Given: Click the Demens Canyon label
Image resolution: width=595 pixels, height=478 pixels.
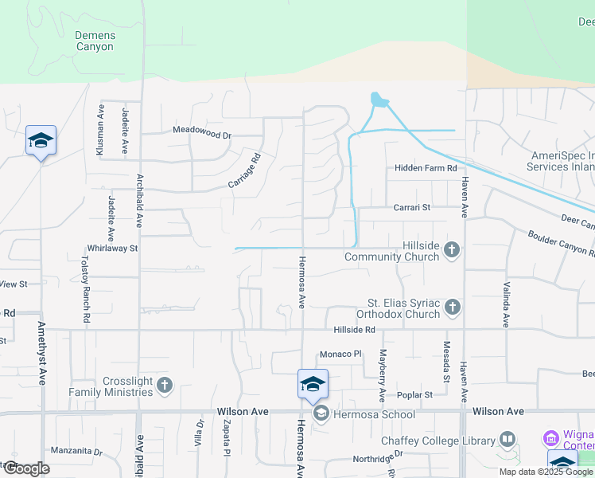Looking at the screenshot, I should click(95, 41).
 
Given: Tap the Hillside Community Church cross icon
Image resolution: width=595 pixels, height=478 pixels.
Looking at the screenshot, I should click(452, 250).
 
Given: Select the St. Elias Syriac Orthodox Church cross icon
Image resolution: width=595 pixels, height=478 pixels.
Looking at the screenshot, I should click(452, 307).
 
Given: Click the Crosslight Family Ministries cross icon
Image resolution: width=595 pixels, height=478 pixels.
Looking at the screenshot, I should click(165, 386).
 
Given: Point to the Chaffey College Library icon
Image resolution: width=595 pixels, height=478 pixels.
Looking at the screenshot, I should click(507, 441).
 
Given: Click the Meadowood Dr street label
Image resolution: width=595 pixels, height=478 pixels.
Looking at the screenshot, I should click(201, 135).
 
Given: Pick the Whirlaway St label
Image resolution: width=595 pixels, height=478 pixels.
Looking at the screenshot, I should click(112, 248).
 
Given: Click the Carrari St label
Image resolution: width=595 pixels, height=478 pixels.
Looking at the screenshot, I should click(411, 207).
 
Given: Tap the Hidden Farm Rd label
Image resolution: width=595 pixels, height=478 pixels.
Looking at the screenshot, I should click(426, 168).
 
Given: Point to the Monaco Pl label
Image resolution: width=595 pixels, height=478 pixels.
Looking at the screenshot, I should click(340, 354).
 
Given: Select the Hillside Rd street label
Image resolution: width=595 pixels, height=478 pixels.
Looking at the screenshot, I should click(354, 330).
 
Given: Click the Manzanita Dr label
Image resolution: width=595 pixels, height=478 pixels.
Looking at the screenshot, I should click(76, 451).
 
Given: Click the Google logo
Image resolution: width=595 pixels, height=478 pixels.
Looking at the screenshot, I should click(26, 468).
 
